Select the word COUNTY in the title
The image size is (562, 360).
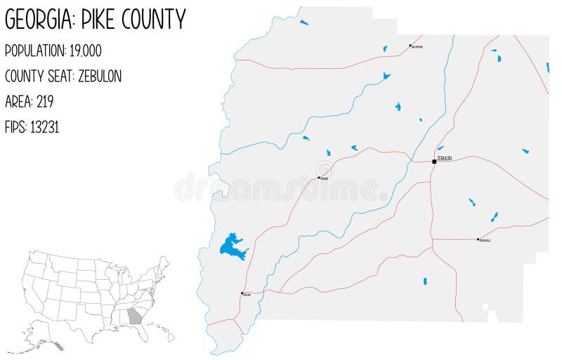coord(161,20)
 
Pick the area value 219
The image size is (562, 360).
coord(44,101)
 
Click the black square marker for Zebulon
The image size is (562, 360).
coord(434,162)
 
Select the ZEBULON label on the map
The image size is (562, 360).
coord(445,158)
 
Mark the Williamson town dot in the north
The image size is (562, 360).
coord(410,46)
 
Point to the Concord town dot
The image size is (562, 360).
coord(319,177)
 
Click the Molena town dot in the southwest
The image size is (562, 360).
coord(242,293)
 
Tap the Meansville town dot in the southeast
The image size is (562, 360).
coord(478,239)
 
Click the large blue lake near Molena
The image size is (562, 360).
coord(232,246)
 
